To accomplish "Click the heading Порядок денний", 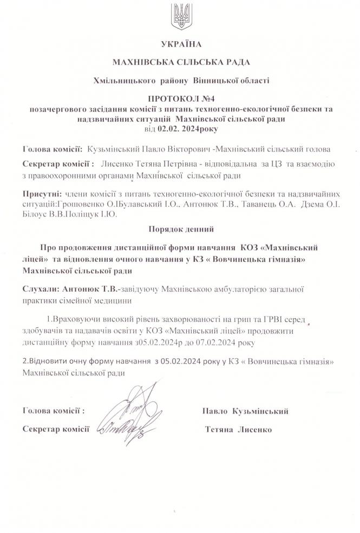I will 179,229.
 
